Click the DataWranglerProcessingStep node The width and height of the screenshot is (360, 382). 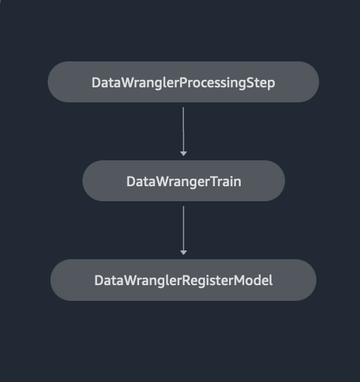[x=183, y=82]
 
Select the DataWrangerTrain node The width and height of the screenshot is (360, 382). [x=183, y=181]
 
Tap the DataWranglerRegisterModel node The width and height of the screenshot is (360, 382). [x=183, y=280]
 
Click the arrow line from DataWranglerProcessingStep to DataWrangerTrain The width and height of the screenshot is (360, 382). [x=183, y=131]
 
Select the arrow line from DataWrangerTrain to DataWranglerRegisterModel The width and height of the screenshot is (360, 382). [x=183, y=231]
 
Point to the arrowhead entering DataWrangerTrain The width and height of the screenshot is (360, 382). [x=183, y=153]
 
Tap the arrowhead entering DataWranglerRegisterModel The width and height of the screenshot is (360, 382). [x=183, y=252]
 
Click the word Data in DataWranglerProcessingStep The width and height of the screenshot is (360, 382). [x=106, y=83]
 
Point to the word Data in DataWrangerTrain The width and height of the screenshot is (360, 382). [x=141, y=181]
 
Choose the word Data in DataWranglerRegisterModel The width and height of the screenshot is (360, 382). [x=109, y=280]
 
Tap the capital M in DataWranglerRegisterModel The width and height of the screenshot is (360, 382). [x=239, y=280]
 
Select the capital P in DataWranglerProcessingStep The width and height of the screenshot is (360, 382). [x=183, y=83]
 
